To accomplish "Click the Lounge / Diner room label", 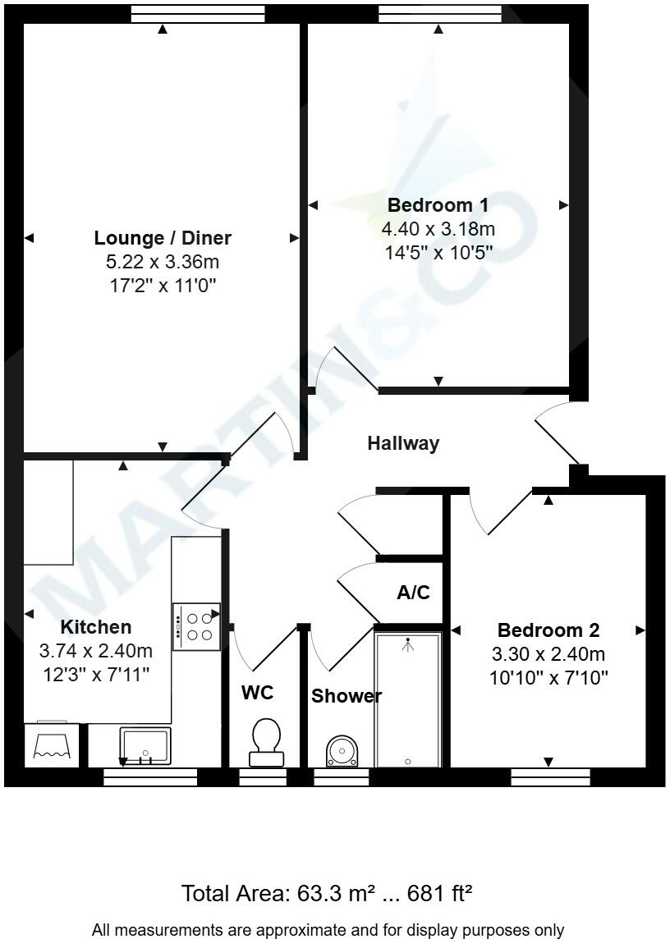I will click(x=163, y=238).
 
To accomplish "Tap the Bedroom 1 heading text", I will click(x=438, y=205).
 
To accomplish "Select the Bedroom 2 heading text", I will click(x=548, y=630).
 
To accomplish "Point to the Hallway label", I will click(x=403, y=444).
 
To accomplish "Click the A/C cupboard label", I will click(x=413, y=592).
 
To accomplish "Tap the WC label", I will click(x=257, y=693).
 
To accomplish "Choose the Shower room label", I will click(x=346, y=697).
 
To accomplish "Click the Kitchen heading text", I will click(x=96, y=627).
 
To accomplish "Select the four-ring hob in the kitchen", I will click(x=196, y=627).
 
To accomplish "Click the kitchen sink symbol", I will click(x=145, y=746).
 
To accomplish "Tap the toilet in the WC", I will click(x=265, y=739).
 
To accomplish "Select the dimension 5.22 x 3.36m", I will click(x=162, y=263).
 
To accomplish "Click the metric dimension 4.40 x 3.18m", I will click(x=438, y=229).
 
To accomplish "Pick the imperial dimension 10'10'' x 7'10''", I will click(x=548, y=678).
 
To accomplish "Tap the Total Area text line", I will click(x=326, y=893).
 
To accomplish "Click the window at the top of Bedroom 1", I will click(x=439, y=13).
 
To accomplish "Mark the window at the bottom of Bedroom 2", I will click(x=550, y=776).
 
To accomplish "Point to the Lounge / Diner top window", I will click(x=198, y=13).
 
